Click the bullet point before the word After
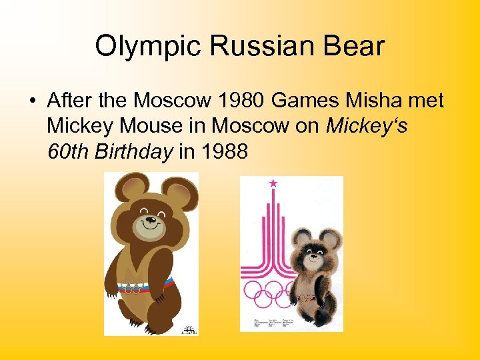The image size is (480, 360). point(32,101)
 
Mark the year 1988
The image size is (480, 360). point(223,151)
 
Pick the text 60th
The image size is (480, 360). point(68,151)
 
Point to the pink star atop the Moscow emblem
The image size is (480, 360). point(273,183)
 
